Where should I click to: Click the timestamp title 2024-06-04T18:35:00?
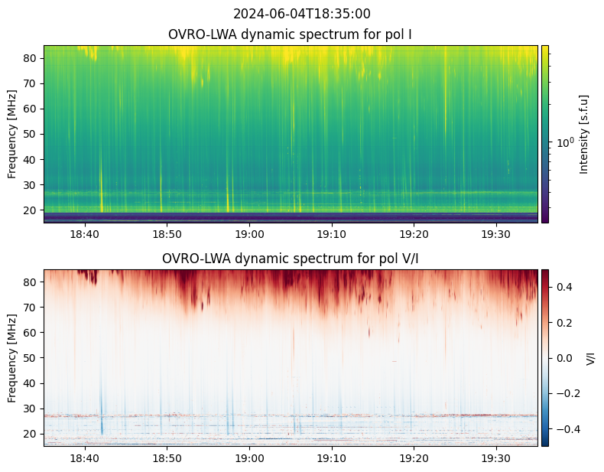[x=301, y=14]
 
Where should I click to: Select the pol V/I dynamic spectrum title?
[x=290, y=259]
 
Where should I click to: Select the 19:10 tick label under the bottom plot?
[x=332, y=457]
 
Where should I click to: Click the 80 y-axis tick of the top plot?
[x=31, y=58]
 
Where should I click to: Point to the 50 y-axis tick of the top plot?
[x=31, y=134]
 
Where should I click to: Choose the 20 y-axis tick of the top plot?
[x=31, y=210]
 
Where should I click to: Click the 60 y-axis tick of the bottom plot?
[x=31, y=333]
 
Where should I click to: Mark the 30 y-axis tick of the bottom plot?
[x=31, y=409]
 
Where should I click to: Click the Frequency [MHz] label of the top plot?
[x=12, y=134]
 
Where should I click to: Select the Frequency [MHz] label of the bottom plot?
[x=12, y=358]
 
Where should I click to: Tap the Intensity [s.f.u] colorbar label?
[x=585, y=134]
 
